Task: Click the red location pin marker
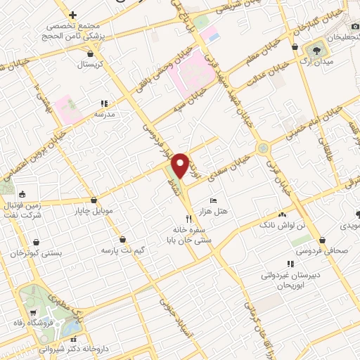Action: tap(181, 165)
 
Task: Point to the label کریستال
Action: tap(90, 63)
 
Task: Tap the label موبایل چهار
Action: tap(93, 210)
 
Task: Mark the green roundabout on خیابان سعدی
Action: tap(264, 148)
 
